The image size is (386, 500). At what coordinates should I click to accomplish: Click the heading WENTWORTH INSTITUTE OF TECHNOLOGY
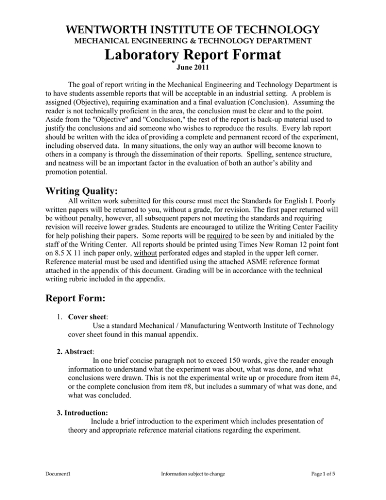pyautogui.click(x=193, y=29)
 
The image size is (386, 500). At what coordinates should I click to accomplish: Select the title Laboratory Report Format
pyautogui.click(x=193, y=54)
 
